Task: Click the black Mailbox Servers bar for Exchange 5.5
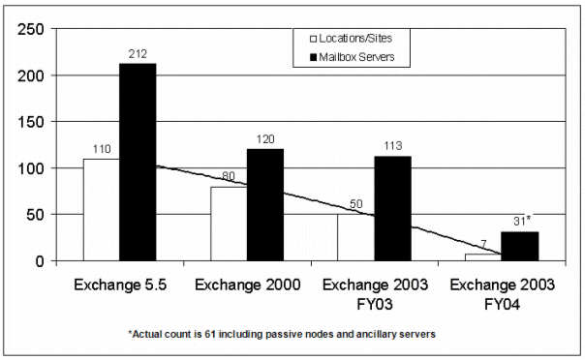138,163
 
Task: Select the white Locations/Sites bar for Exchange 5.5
102,210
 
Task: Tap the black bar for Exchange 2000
265,205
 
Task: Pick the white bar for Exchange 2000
229,224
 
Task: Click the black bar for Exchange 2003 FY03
393,208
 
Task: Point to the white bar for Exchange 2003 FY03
356,237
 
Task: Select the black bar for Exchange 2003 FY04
520,247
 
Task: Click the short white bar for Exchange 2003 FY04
483,257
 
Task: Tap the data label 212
138,54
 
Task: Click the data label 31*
522,221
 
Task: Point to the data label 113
393,146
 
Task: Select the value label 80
229,175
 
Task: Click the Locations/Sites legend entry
351,39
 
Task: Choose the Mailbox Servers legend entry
353,57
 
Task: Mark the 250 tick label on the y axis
31,29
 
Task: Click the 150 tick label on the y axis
31,122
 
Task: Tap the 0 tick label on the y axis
40,261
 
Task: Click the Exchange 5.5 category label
120,285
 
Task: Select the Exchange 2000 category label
248,285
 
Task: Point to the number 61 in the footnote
209,334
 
